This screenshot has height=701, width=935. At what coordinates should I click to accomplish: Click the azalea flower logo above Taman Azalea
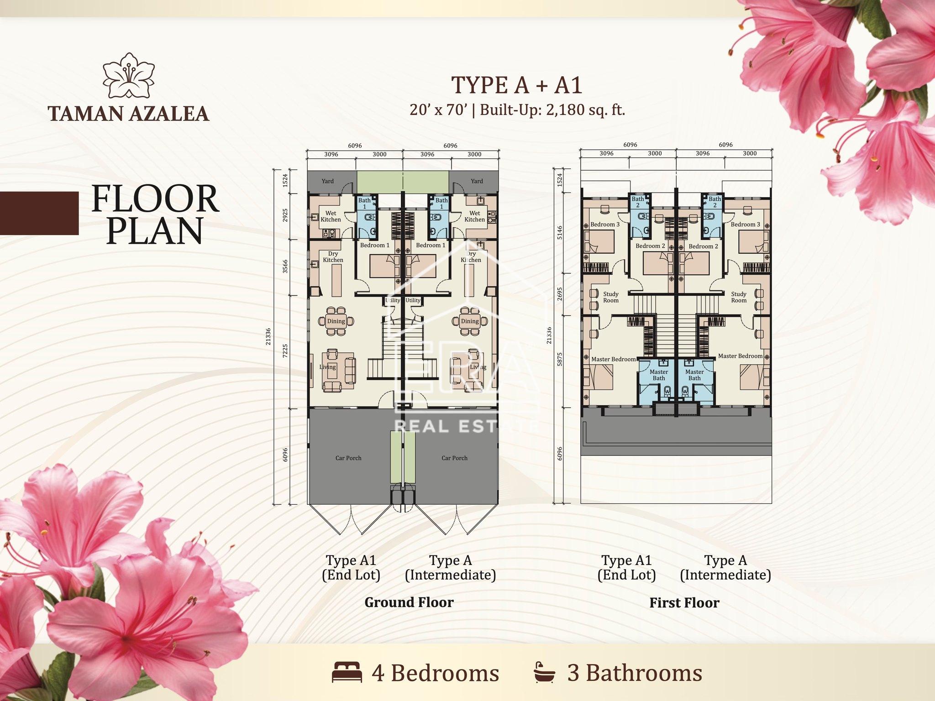point(129,76)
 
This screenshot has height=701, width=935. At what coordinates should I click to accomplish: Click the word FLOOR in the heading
point(155,199)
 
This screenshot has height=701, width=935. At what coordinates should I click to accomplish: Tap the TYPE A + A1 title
point(517,85)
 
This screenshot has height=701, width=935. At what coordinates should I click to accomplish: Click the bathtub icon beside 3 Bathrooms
point(545,672)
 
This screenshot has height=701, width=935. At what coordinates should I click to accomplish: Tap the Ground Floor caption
point(409,602)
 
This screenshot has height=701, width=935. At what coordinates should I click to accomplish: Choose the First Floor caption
point(684,603)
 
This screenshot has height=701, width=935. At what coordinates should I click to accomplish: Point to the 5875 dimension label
point(560,359)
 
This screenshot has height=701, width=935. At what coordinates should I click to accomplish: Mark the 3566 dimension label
point(285,267)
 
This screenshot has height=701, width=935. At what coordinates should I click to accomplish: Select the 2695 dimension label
point(560,294)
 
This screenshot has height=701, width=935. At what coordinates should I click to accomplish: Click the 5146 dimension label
point(560,233)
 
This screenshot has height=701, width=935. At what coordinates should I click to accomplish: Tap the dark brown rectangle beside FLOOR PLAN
point(39,213)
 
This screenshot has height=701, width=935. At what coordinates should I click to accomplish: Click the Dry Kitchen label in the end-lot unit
point(333,257)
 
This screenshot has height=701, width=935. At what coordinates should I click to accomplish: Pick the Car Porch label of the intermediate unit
point(454,458)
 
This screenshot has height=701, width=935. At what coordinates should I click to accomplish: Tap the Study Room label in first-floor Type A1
point(611,297)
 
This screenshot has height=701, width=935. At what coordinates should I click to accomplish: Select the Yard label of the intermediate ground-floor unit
point(477,181)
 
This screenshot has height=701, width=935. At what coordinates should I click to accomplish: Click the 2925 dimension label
point(285,215)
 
